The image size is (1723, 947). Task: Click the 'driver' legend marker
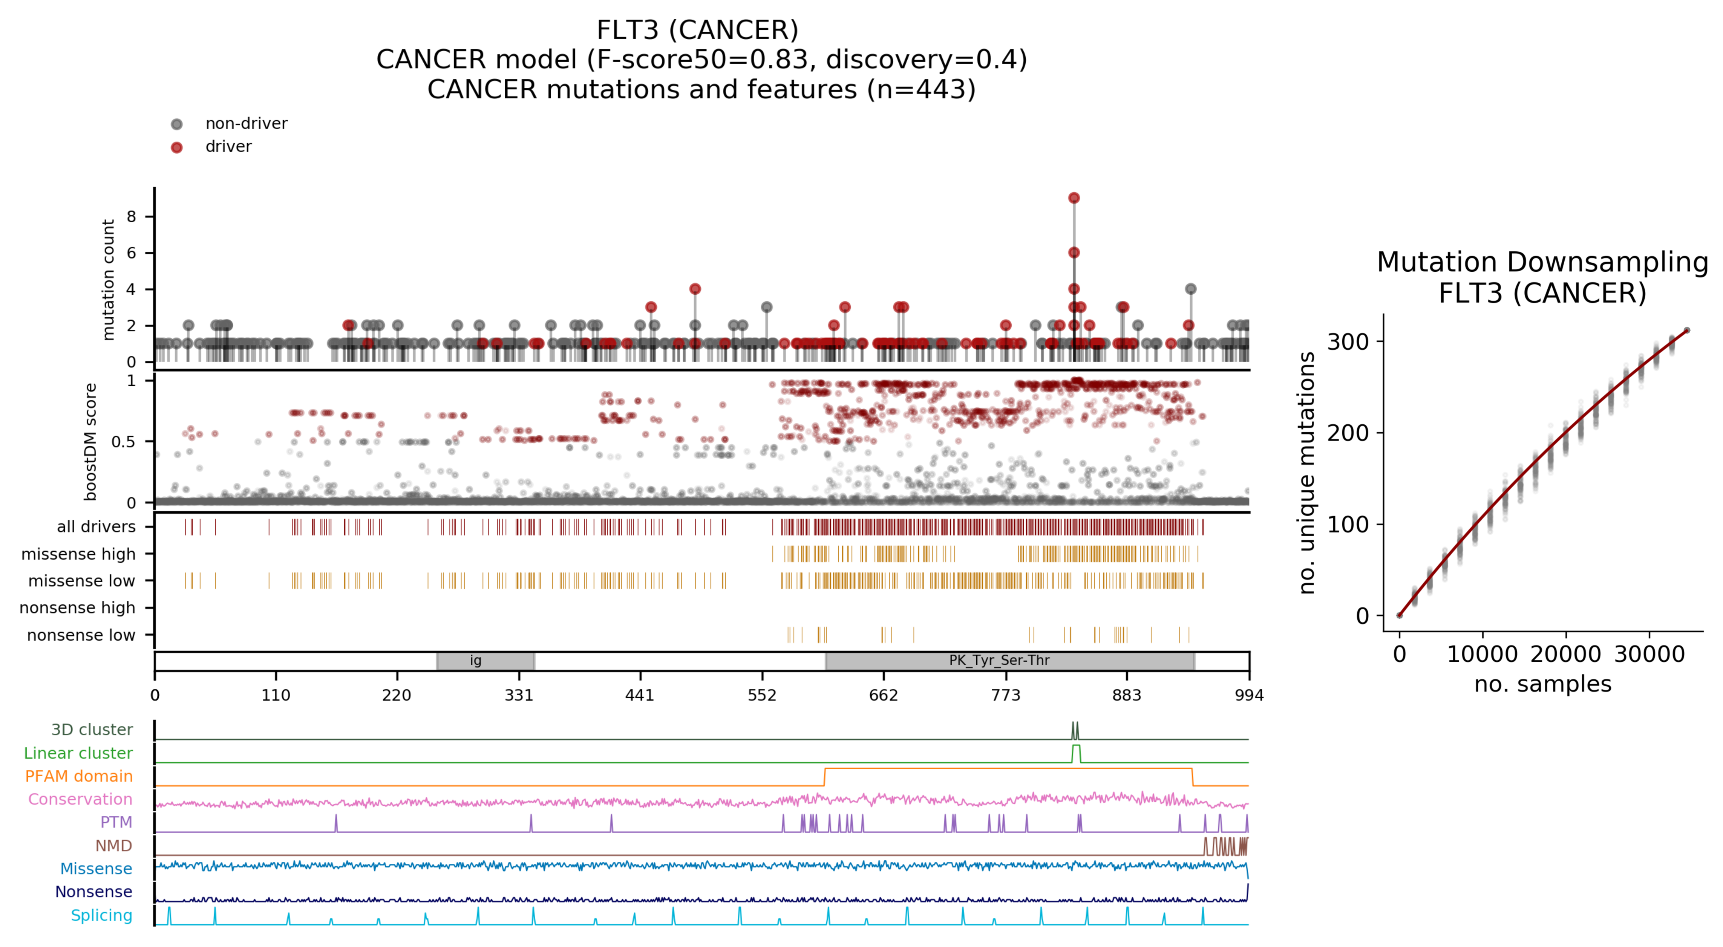click(176, 147)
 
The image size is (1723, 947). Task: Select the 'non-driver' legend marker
click(176, 124)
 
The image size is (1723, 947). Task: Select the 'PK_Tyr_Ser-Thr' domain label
click(999, 661)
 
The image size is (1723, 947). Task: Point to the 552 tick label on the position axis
click(762, 696)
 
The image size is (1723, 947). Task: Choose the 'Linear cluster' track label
click(78, 753)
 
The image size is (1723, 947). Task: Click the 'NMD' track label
click(114, 846)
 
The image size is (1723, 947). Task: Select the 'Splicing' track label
click(102, 916)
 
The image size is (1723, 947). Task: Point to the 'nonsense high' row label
click(78, 608)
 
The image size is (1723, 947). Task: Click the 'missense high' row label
click(78, 554)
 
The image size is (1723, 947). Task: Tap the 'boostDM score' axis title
click(90, 441)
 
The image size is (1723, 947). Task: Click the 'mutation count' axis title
click(108, 280)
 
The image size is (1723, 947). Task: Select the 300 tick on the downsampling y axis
click(1348, 342)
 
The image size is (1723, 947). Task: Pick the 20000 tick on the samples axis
click(1566, 654)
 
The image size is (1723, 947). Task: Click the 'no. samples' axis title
click(1542, 684)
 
